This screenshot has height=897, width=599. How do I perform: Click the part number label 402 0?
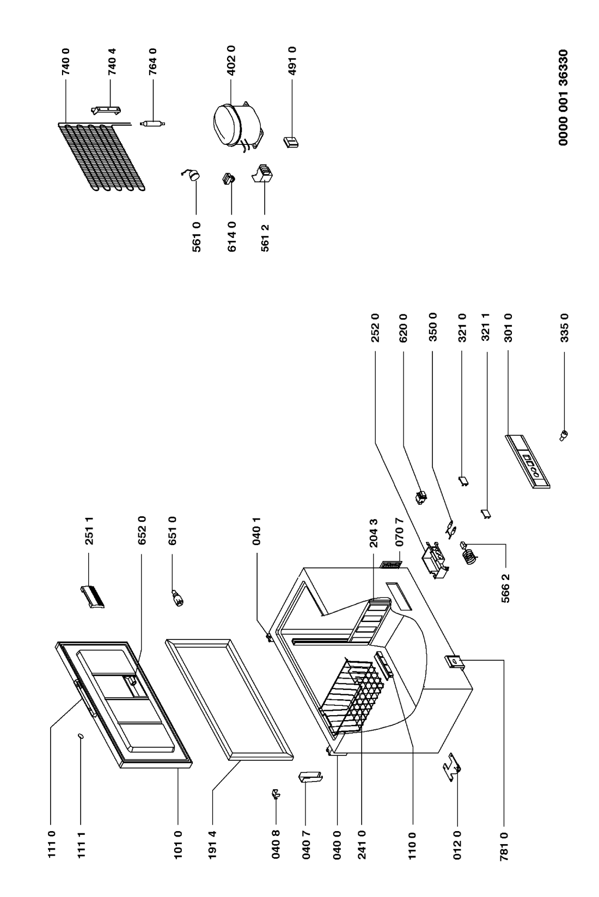click(x=231, y=61)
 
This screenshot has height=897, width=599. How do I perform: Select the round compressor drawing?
click(x=237, y=128)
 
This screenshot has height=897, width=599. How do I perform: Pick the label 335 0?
click(x=564, y=328)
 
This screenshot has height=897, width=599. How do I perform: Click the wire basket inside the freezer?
click(x=349, y=697)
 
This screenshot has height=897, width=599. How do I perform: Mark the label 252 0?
click(x=375, y=328)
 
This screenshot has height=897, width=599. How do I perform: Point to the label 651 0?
click(x=173, y=530)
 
